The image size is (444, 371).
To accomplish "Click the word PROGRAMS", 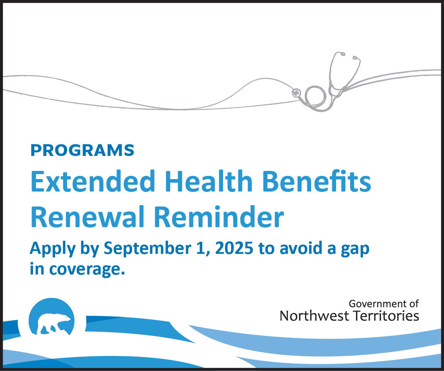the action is pyautogui.click(x=82, y=150).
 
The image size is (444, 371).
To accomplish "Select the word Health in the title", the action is pyautogui.click(x=209, y=181).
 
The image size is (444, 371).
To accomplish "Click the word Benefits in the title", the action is pyautogui.click(x=317, y=181).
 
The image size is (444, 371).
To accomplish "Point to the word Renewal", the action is pyautogui.click(x=87, y=217).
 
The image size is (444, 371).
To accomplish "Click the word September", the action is pyautogui.click(x=147, y=249).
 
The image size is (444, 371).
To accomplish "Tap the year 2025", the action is pyautogui.click(x=234, y=248).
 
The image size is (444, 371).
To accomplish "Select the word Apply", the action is pyautogui.click(x=53, y=249).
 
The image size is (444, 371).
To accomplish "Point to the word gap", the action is pyautogui.click(x=355, y=250).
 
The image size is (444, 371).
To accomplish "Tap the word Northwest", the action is pyautogui.click(x=314, y=316).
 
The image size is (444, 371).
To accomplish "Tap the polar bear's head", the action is pyautogui.click(x=65, y=318).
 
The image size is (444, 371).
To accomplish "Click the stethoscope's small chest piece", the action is pyautogui.click(x=296, y=93).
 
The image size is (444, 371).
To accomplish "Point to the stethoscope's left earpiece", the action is pyautogui.click(x=342, y=54).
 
